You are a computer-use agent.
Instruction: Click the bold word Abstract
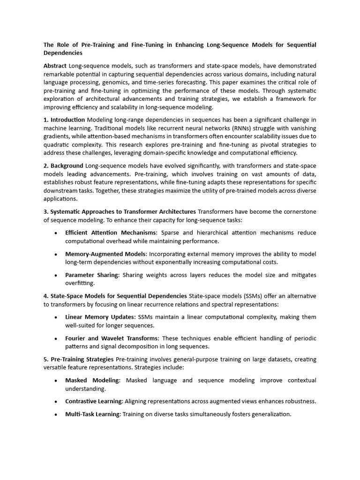(55, 66)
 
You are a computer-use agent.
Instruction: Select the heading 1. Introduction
(64, 120)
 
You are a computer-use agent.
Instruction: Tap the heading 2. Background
(63, 165)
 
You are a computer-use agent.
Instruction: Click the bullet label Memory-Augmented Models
(105, 254)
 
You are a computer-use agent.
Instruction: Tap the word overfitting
(80, 283)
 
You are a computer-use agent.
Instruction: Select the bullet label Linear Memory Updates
(99, 317)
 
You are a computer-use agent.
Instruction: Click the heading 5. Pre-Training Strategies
(78, 359)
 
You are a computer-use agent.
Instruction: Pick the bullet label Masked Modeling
(92, 380)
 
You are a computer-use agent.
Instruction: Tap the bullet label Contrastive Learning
(93, 401)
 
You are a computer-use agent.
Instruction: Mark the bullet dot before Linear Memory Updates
(56, 317)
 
